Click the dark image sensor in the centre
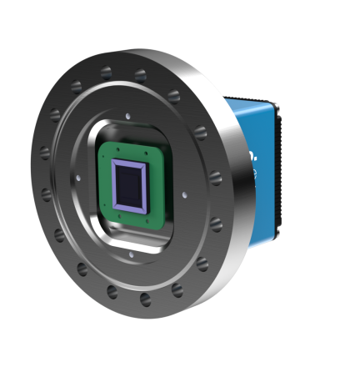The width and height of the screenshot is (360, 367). point(129,185)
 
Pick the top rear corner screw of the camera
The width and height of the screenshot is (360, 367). point(274,107)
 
